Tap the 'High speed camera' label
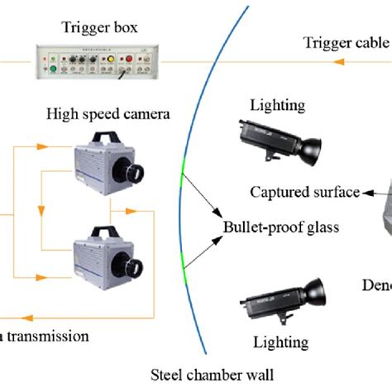tap(108, 112)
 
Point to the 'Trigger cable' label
tap(346, 42)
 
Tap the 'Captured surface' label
tap(305, 193)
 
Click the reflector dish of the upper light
tap(311, 148)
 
